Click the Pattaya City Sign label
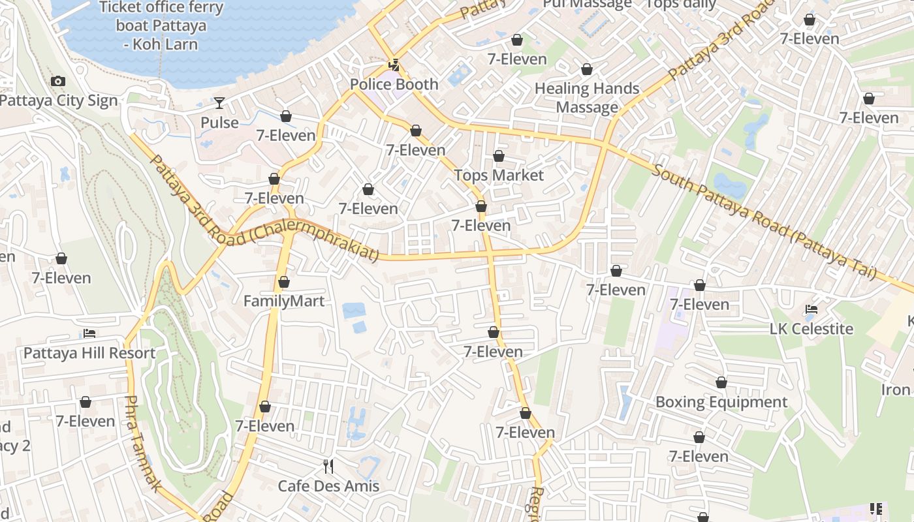(x=59, y=100)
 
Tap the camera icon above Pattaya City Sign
(x=58, y=82)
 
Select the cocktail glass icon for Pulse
(x=219, y=103)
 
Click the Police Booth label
(x=394, y=84)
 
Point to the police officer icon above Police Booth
(x=394, y=65)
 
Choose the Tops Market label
(x=499, y=175)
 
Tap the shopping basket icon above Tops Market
(x=499, y=156)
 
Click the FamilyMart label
(x=283, y=301)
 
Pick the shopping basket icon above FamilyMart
(x=284, y=282)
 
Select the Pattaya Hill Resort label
(x=89, y=353)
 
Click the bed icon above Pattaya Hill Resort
(x=89, y=333)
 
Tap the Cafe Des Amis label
(x=328, y=485)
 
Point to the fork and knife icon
(x=328, y=467)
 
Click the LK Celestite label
(x=812, y=328)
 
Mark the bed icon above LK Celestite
(x=812, y=309)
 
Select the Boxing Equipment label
(x=721, y=401)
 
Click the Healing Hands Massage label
(x=587, y=97)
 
